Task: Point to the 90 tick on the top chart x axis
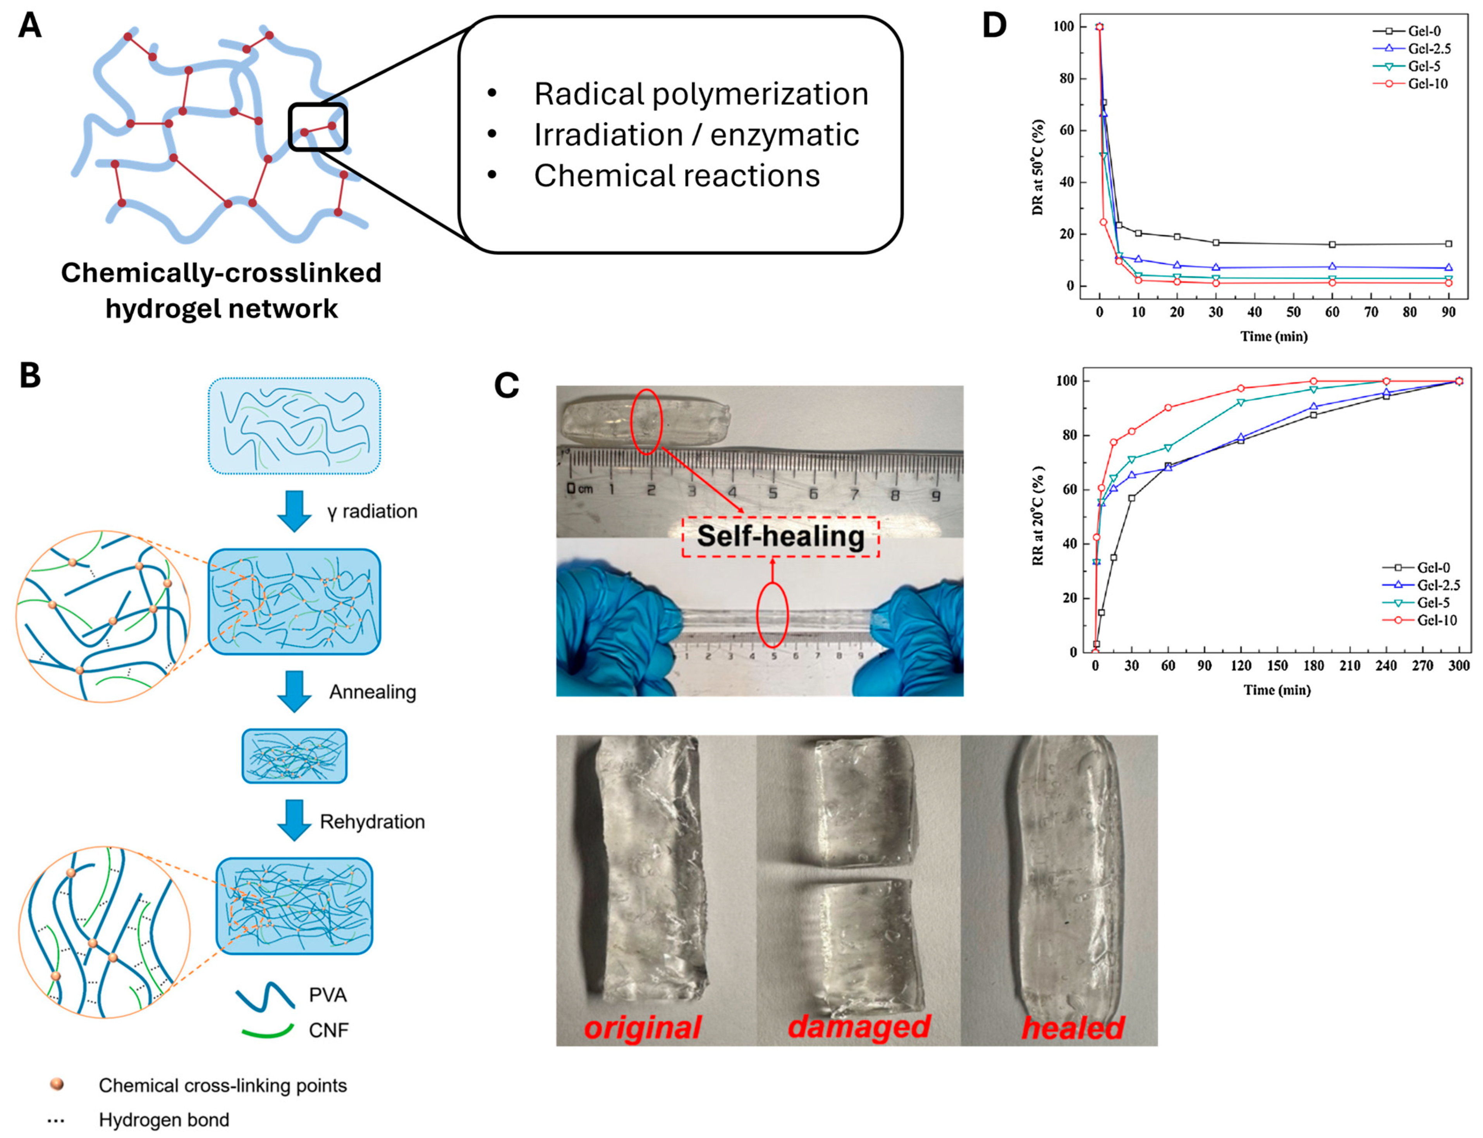pos(1448,312)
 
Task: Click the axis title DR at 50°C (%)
pos(1038,167)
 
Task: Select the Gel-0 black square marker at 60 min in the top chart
pos(1332,244)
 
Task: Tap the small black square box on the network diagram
pos(318,127)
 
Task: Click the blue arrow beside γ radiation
pos(294,511)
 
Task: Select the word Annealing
pos(373,692)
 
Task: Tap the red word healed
pos(1072,1028)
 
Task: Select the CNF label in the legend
pos(328,1030)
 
